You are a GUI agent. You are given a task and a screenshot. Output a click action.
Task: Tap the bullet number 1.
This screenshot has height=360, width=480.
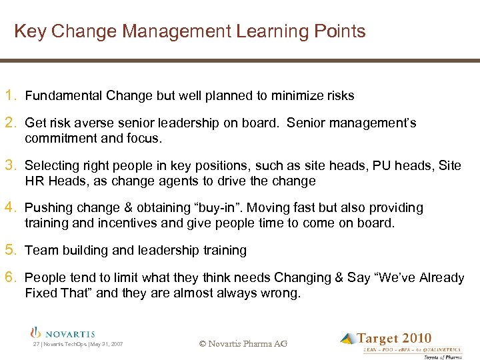point(12,95)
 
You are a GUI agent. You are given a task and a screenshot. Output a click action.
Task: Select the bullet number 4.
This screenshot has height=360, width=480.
point(12,207)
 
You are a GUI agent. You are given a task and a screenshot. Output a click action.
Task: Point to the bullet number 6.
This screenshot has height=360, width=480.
point(12,277)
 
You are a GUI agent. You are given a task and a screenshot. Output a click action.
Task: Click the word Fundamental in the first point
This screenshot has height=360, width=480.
point(62,96)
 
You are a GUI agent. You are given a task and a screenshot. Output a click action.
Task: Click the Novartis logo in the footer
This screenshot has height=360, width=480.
point(63,333)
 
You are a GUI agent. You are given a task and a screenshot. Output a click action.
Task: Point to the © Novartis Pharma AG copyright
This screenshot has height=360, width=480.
point(243,344)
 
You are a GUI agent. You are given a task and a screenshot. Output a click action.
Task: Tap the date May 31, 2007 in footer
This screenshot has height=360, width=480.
point(106,345)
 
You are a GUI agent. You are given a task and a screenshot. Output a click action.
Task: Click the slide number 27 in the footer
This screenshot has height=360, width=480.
point(36,345)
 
